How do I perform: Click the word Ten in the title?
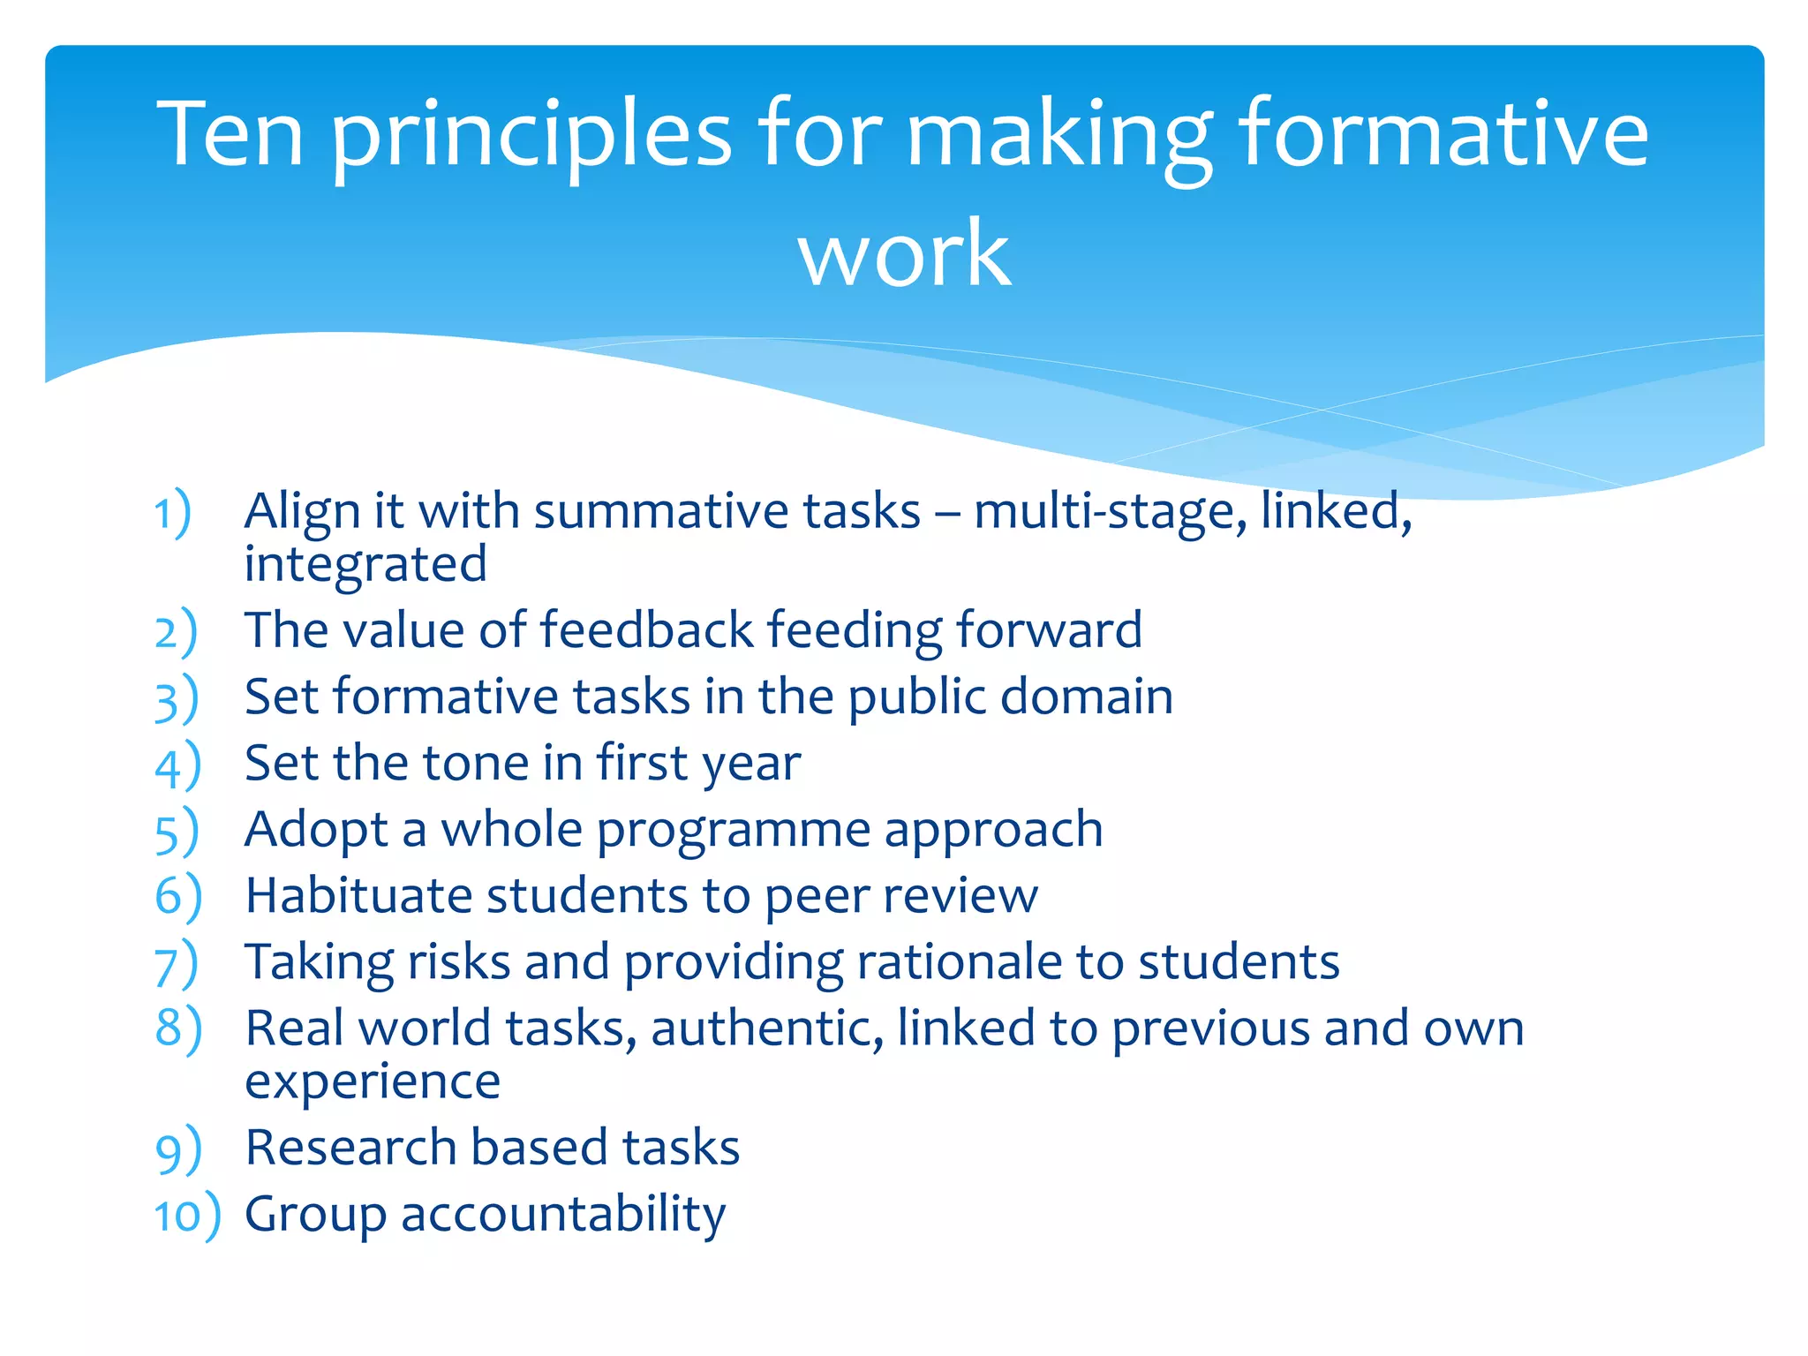coord(230,134)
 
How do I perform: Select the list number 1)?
coord(173,512)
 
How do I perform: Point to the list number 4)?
coord(177,765)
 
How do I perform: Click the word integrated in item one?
coord(365,565)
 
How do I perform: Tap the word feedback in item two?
coord(646,630)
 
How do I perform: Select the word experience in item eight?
coord(373,1082)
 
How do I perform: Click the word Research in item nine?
coord(350,1148)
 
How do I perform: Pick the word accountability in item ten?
coord(563,1216)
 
